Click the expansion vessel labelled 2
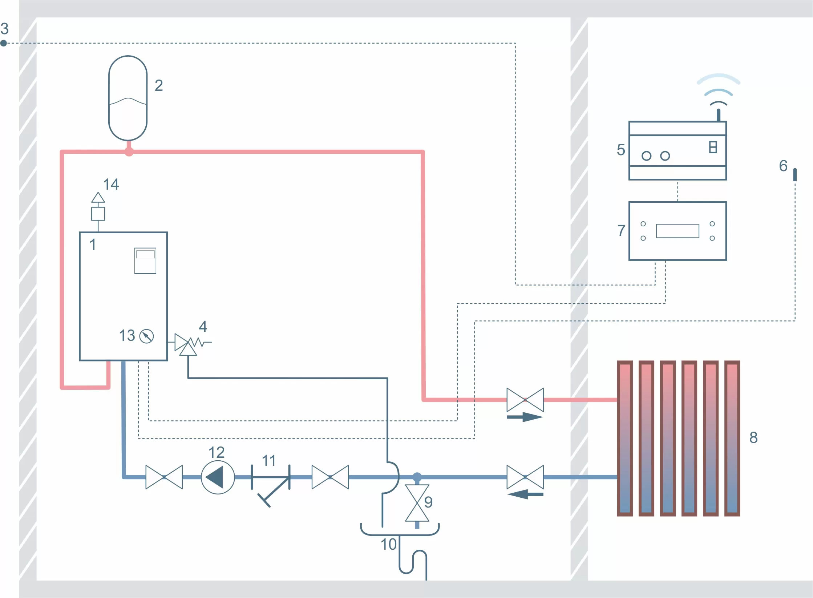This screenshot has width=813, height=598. [x=128, y=98]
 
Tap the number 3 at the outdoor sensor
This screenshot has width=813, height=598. [x=4, y=29]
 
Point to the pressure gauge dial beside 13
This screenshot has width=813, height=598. [x=147, y=336]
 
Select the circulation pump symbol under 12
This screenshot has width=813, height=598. [x=218, y=477]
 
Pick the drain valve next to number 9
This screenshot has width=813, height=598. [x=417, y=503]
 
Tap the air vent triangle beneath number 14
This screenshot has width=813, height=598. [x=98, y=198]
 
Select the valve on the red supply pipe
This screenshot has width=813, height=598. [x=525, y=400]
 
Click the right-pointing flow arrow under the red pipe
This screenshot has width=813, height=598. [x=525, y=417]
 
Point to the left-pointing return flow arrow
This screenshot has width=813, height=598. [x=525, y=494]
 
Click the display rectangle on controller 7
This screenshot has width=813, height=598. [x=677, y=231]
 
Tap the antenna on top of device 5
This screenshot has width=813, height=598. [x=719, y=115]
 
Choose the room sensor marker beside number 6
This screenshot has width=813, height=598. [x=795, y=174]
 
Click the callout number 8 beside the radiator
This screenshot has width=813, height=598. [x=753, y=437]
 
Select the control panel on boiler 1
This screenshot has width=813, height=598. [x=145, y=260]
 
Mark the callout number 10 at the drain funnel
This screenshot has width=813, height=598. [x=388, y=544]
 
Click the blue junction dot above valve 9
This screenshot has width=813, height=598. [x=417, y=477]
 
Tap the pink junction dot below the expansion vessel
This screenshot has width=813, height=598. [x=129, y=152]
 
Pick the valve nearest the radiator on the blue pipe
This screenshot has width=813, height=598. [x=525, y=477]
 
